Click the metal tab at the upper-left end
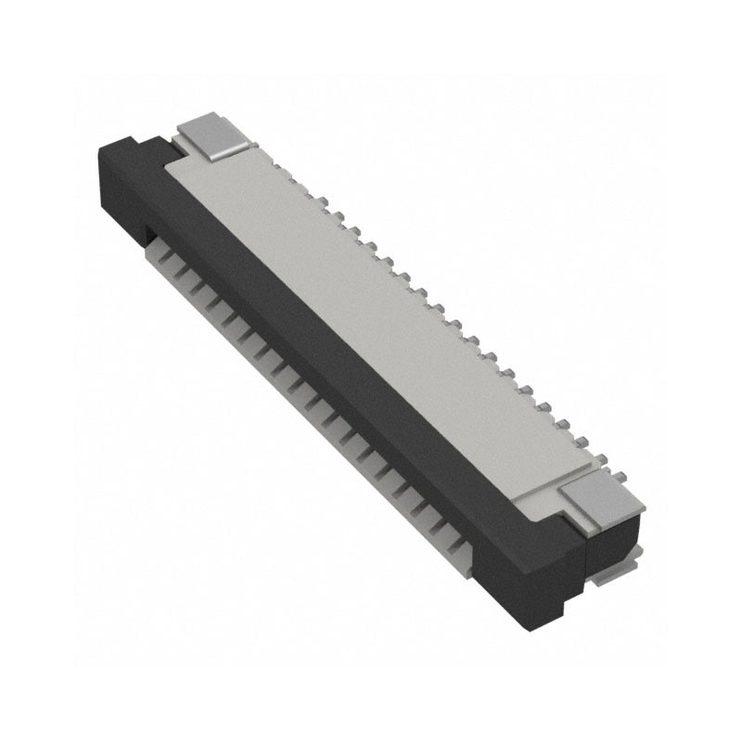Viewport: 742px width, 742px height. [212, 135]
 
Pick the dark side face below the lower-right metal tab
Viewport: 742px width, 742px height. [612, 543]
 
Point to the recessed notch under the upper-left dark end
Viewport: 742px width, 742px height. [148, 232]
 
